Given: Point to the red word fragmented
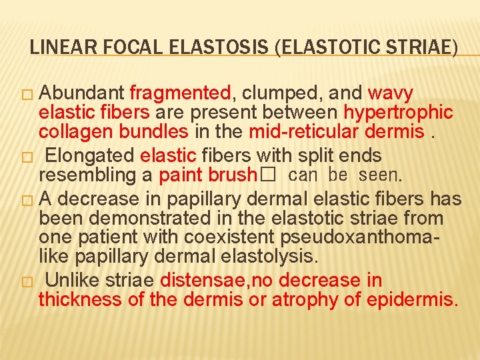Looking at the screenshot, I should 181,93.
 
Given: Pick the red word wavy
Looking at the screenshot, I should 391,93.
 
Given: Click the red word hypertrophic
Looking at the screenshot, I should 398,112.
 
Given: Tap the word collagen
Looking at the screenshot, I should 71,131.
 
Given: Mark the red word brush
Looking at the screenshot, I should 231,175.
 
